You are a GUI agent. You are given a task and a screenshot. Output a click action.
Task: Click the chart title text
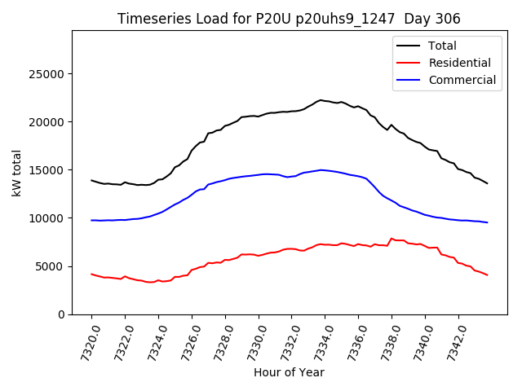point(289,19)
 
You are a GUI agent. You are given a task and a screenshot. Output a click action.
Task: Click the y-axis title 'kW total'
point(17,173)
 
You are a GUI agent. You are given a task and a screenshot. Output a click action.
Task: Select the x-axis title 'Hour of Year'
point(289,372)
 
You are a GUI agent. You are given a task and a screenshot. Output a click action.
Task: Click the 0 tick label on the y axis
point(62,314)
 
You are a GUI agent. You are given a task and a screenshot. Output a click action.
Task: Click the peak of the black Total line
point(321,100)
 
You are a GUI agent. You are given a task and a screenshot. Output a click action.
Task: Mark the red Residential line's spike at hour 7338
point(391,239)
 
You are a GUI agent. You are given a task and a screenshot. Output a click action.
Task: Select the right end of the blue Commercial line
point(487,222)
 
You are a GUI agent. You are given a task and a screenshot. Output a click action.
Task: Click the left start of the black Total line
point(91,180)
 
